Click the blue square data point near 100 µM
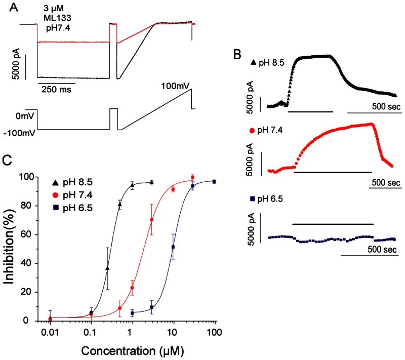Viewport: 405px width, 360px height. tap(214, 181)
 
